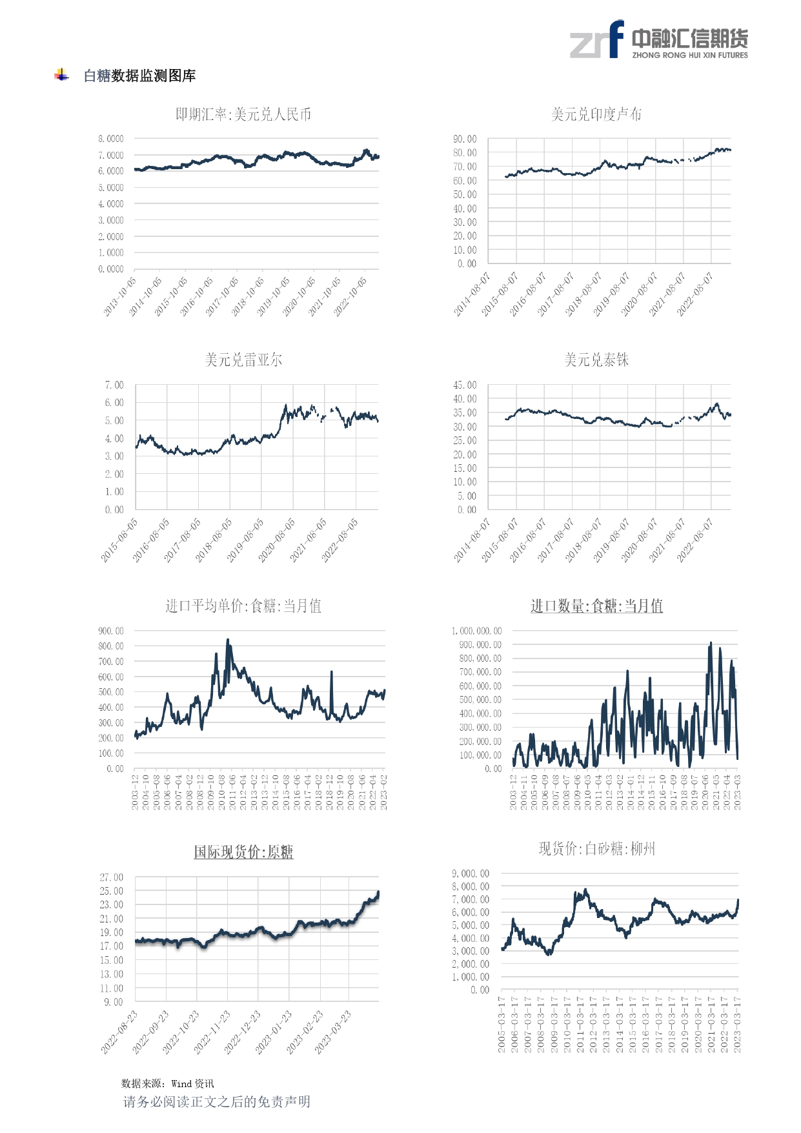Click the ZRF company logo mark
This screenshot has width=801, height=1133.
597,40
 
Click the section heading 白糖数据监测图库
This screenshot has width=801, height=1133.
139,76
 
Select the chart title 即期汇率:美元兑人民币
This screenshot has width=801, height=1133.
243,115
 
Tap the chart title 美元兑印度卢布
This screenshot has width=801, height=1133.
596,115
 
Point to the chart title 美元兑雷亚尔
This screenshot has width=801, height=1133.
243,360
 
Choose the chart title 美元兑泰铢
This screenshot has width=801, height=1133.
596,360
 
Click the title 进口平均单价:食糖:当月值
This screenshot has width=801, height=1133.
243,606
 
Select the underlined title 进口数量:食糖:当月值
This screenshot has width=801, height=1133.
596,606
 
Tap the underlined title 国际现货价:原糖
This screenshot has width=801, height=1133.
243,852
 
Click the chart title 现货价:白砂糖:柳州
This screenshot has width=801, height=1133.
596,849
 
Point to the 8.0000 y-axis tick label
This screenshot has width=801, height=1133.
110,139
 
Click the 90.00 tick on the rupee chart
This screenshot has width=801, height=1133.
464,139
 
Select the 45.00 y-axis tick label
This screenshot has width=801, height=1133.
464,385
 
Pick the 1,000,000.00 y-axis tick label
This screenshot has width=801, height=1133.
476,631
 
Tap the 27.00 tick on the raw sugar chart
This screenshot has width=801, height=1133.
111,877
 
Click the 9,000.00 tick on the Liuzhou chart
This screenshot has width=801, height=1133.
470,873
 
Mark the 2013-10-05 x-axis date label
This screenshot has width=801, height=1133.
121,296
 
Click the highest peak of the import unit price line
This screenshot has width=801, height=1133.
227,640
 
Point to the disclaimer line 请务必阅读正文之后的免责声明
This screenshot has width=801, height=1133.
217,1102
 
